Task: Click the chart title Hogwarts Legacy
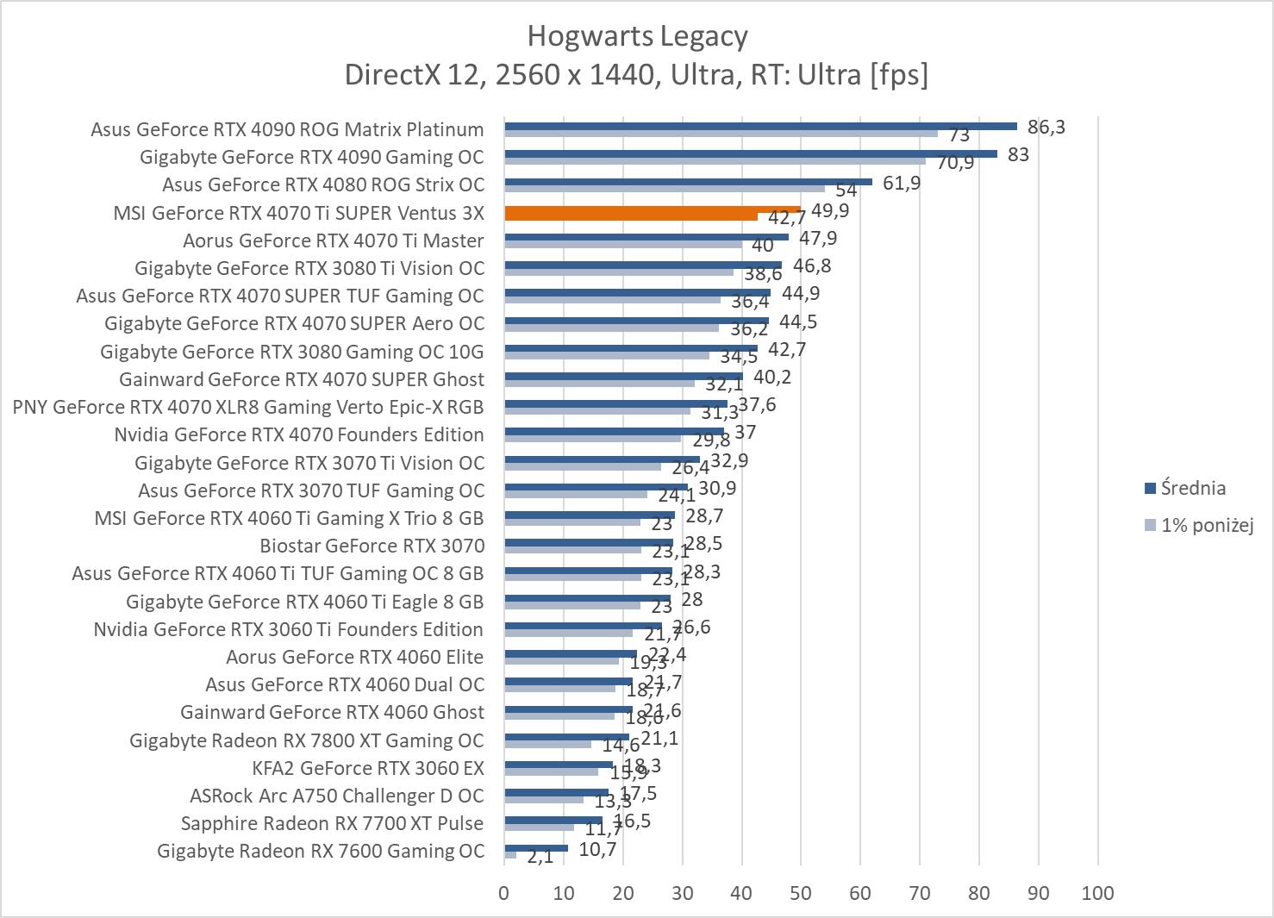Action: pos(637,36)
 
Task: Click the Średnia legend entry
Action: pos(1193,488)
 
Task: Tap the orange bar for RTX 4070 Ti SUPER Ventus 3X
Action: pos(653,209)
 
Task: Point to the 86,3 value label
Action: pos(1046,127)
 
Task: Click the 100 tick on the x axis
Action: pos(1097,893)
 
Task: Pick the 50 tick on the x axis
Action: pos(801,893)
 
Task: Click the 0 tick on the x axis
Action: pos(504,893)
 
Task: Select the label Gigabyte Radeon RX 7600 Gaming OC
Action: pos(321,851)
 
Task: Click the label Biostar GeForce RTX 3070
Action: pos(372,546)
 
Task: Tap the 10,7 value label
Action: pos(597,849)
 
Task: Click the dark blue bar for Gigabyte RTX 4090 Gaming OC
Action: pos(750,153)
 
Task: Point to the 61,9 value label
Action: pos(902,183)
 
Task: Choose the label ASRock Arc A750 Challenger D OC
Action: pos(336,796)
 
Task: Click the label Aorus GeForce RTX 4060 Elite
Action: pos(354,657)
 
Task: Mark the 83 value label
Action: pos(1018,155)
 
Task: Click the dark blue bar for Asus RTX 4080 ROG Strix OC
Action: pos(688,182)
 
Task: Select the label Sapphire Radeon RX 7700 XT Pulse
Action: pos(332,823)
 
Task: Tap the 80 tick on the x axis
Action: pos(979,893)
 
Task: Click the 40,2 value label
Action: pos(772,377)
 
